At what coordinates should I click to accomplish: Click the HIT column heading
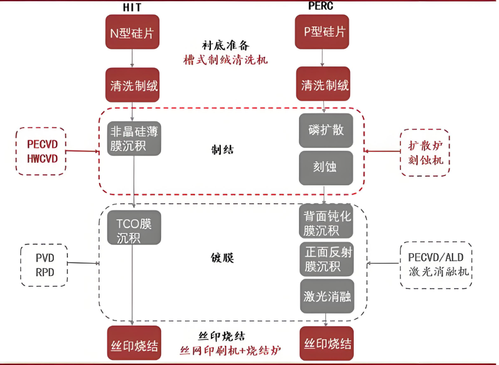pos(132,8)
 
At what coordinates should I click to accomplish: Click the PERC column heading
pos(320,6)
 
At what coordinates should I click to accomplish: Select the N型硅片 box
pos(132,32)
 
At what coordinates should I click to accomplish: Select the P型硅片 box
pos(325,32)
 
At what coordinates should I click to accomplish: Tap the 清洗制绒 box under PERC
pos(325,85)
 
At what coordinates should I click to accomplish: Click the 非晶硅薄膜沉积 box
pos(134,139)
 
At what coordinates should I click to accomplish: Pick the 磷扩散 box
pos(326,130)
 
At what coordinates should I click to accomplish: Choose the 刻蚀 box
pos(326,167)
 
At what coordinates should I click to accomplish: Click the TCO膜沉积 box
pos(134,231)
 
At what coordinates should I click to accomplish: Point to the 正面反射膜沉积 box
pos(328,259)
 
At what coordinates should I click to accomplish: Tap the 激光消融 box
pos(327,296)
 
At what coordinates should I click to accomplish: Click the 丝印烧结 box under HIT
pos(134,346)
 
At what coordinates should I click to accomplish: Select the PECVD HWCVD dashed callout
pos(42,152)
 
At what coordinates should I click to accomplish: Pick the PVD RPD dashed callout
pos(45,265)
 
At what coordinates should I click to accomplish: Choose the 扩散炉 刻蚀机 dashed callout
pos(425,153)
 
